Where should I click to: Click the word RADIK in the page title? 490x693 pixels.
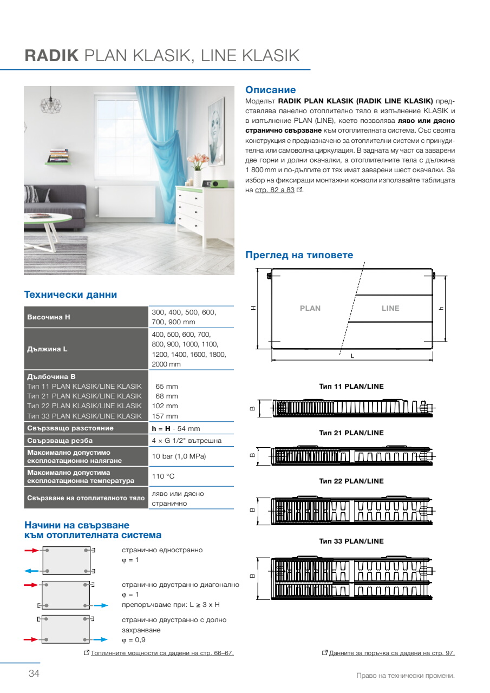52,56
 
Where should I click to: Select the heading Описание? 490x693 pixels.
271,90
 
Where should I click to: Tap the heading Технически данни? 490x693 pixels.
70,295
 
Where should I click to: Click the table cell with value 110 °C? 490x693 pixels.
163,476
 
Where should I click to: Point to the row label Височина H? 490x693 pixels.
49,317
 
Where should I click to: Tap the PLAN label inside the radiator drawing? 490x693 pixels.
310,308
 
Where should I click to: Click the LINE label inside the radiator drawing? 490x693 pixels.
390,308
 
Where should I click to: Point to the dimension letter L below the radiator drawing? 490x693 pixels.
352,356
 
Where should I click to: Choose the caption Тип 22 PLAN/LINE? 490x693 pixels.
351,481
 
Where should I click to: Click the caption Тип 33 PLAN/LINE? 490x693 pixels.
351,541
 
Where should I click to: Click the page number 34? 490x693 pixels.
34,674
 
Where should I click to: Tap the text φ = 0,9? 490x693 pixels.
134,640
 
